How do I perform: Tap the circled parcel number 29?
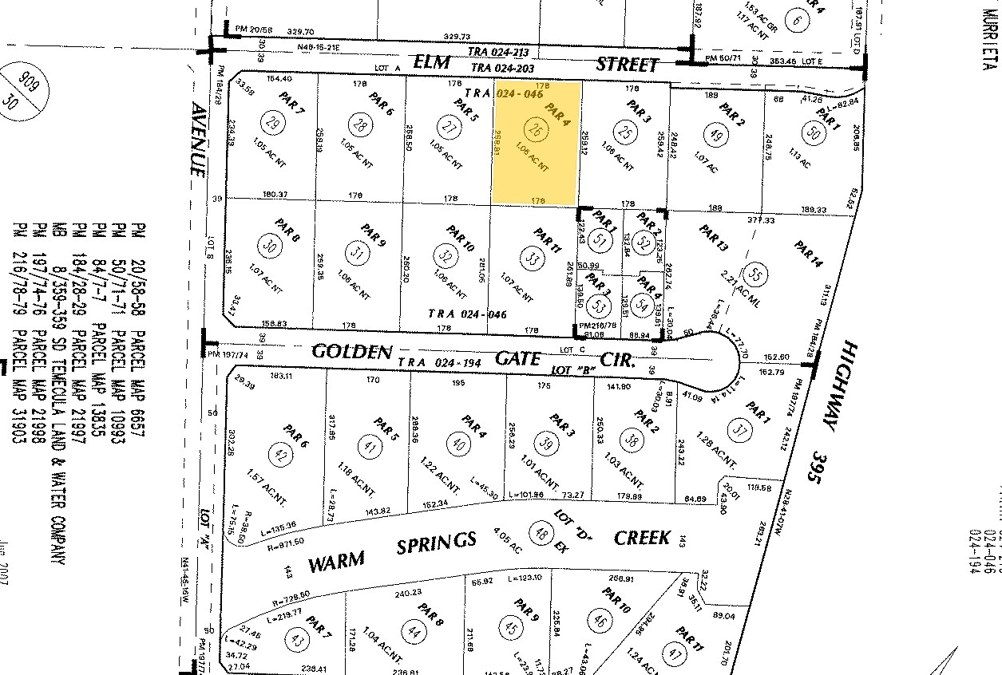click(x=273, y=124)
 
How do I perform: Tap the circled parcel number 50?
click(x=814, y=133)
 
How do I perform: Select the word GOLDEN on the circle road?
click(x=351, y=352)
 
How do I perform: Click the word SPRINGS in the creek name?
click(x=437, y=545)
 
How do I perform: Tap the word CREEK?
click(x=642, y=538)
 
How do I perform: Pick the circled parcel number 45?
click(x=512, y=626)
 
